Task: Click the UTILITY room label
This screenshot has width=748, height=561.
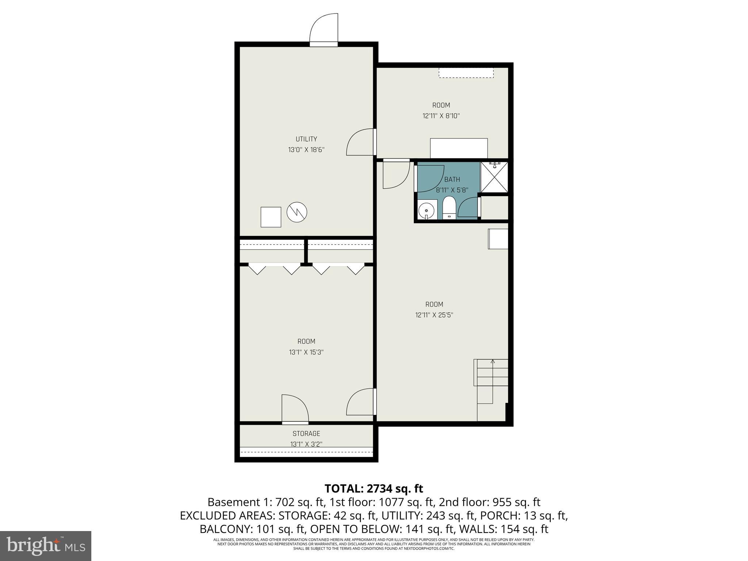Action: coord(306,139)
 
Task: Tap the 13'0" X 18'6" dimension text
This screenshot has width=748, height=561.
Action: coord(306,150)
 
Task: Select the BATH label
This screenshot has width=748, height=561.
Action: coord(452,179)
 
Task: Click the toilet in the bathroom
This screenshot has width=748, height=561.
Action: coord(449,207)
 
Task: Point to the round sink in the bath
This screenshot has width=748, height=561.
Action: coord(426,210)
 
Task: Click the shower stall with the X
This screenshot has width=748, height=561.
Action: coord(494,177)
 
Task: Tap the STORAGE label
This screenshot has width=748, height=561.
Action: coord(306,434)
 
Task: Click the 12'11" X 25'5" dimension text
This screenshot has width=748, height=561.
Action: coord(434,315)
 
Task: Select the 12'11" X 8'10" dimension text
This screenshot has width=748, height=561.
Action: coord(441,116)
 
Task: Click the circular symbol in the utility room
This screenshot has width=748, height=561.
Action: coord(297,212)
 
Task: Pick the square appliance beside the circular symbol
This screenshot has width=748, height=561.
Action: coord(271,217)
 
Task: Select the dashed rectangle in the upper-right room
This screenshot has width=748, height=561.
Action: coord(466,72)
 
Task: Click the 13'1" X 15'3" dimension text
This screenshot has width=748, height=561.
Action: coord(306,352)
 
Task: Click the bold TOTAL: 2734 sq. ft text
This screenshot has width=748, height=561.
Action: coord(374,488)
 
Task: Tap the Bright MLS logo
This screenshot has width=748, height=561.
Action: coord(46,546)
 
